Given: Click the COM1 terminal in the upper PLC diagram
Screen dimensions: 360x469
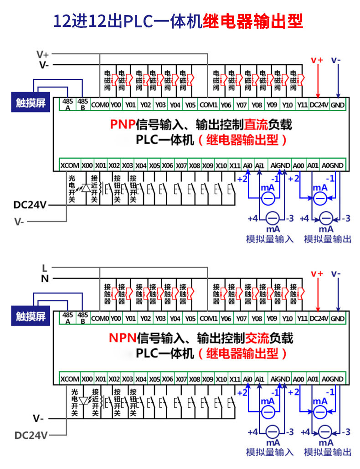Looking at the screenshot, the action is [x=208, y=105].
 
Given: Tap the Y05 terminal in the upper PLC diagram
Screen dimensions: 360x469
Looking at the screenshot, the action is [x=190, y=105].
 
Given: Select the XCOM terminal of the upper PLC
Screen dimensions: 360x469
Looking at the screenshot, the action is [x=70, y=165].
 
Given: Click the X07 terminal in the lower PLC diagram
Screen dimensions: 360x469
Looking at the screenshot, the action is [x=181, y=379].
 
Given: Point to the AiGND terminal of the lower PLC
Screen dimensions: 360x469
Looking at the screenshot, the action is [x=280, y=379].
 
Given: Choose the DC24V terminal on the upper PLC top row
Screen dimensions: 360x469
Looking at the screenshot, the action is [x=319, y=105].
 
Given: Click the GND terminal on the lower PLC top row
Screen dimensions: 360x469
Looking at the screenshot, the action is [x=338, y=319].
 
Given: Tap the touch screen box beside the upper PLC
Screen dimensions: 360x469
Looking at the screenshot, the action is [x=31, y=102].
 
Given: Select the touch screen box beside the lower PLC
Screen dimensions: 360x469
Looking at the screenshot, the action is [x=31, y=316].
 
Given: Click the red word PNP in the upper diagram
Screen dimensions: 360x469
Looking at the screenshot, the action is [x=123, y=124].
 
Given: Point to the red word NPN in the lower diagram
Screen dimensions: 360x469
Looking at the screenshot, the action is [x=123, y=338].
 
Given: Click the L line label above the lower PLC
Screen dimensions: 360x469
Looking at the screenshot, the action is [x=45, y=268].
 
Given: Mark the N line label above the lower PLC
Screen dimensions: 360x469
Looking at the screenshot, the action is [x=45, y=279].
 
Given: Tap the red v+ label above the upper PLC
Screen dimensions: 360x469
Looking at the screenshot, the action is [x=317, y=60].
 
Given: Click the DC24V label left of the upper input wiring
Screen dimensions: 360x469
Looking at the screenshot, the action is [x=30, y=205].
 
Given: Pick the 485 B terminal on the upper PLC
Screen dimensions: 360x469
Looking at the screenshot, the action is [x=83, y=104].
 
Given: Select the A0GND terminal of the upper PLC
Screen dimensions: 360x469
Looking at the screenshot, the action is [x=333, y=165].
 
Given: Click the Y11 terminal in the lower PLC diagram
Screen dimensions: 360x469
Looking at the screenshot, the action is [x=302, y=319].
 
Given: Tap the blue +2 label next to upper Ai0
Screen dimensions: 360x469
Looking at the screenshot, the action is [x=242, y=179].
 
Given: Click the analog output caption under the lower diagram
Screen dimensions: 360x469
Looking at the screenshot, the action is [x=327, y=452].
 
